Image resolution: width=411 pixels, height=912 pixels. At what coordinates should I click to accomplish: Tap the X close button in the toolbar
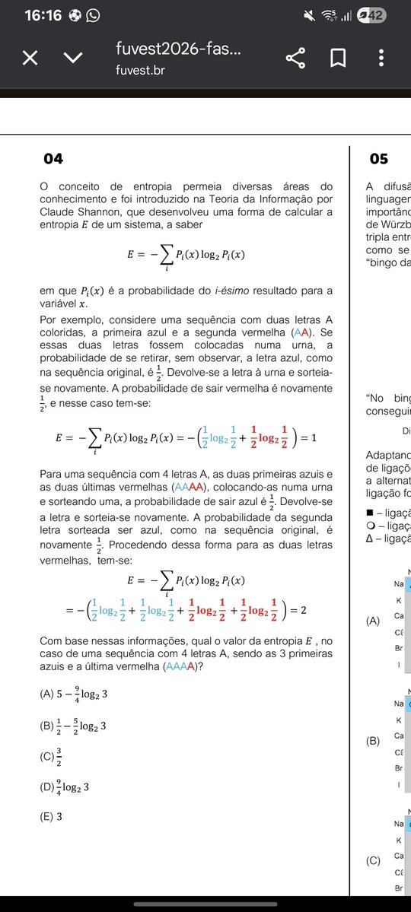pos(30,59)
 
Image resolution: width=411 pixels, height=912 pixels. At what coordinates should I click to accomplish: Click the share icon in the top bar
pos(295,59)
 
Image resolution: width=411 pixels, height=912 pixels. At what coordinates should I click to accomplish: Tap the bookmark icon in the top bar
pos(338,59)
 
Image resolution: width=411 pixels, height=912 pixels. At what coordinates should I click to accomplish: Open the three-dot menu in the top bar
pos(381,59)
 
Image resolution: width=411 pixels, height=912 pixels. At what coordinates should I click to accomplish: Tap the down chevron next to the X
pos(73,59)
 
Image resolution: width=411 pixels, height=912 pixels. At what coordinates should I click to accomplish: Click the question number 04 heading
pos(53,159)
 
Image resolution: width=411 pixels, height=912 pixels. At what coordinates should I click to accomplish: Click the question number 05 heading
pos(378,159)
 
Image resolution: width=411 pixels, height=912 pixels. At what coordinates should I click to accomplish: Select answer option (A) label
pos(48,694)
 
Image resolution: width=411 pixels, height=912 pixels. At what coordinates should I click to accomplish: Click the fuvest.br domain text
pos(140,70)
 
